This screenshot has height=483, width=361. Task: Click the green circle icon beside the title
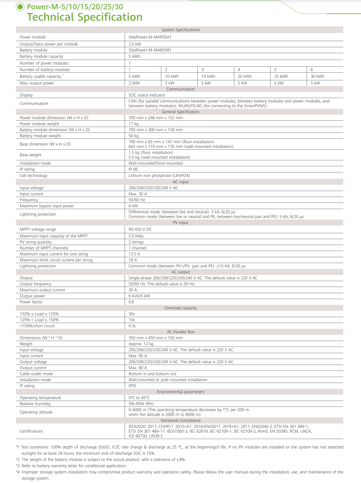click(x=20, y=7)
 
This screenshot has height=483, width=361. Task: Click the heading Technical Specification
click(x=85, y=17)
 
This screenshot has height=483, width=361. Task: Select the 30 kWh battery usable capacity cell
click(x=317, y=76)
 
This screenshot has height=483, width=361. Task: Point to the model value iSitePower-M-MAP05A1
click(x=150, y=37)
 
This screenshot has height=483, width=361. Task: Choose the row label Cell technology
click(x=33, y=176)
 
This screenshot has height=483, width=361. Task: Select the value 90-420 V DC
click(x=140, y=229)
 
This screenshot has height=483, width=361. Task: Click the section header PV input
click(x=180, y=223)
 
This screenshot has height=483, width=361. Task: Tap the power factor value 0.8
click(x=131, y=302)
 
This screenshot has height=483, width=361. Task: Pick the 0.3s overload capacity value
click(x=132, y=326)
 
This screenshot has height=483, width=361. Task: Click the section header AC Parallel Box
click(x=180, y=332)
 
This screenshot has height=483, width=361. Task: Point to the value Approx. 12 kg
click(x=141, y=344)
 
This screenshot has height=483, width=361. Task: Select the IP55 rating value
click(x=132, y=386)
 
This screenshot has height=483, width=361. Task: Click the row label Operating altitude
click(x=36, y=412)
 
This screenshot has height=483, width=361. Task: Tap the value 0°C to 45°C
click(x=139, y=398)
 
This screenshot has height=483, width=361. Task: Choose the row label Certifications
click(x=31, y=431)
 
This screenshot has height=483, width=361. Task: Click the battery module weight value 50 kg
click(x=134, y=136)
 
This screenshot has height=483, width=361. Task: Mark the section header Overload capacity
click(x=180, y=308)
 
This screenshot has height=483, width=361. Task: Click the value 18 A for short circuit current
click(x=133, y=260)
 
